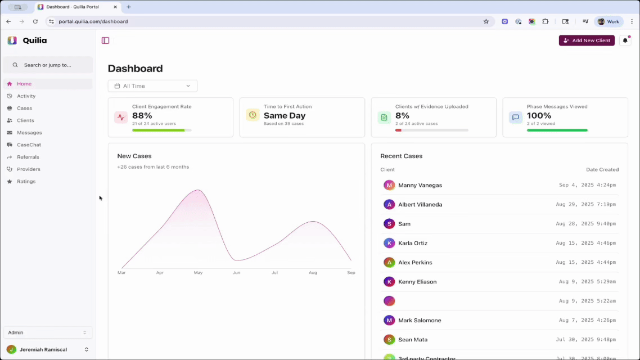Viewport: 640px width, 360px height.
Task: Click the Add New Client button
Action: pos(587,40)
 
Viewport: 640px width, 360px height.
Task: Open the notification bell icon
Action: pos(625,40)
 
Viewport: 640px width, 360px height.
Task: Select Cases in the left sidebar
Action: pos(24,108)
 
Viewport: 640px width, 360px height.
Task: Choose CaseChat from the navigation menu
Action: pos(29,145)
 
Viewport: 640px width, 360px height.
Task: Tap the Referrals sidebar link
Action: pos(28,157)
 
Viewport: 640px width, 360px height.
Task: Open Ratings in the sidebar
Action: pos(26,181)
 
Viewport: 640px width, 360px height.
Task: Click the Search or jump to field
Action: pos(48,65)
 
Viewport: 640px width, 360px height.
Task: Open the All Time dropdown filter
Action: pos(152,86)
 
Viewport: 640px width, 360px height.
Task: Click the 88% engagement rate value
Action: pos(142,115)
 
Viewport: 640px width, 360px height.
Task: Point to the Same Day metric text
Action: pos(285,115)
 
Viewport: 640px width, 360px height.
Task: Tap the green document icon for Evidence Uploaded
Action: pos(384,117)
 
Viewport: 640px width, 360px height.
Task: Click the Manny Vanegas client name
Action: pos(420,185)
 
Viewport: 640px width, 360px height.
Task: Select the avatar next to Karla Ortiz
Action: pos(389,243)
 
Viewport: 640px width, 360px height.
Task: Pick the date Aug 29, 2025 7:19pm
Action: pos(585,205)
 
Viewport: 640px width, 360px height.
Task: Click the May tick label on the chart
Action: pos(198,273)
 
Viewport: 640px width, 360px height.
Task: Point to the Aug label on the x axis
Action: pos(313,273)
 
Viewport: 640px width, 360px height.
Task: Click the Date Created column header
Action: pos(602,169)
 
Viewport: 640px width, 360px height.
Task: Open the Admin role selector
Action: pos(48,332)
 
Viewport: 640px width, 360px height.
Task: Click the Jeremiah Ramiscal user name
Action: pos(43,349)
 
